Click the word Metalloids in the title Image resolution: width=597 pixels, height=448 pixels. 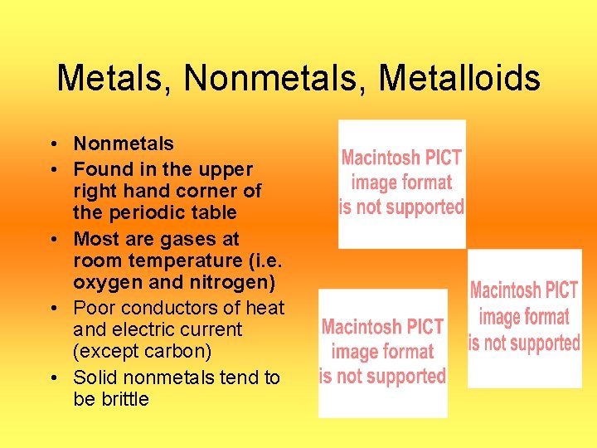tap(459, 80)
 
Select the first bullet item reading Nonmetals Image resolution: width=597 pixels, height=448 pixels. tap(124, 144)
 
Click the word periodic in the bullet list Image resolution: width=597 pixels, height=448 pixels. tap(138, 212)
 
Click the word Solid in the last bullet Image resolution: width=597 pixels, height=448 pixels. tap(95, 377)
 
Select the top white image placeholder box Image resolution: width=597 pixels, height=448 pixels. tap(402, 183)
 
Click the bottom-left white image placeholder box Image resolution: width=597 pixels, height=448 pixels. tap(382, 353)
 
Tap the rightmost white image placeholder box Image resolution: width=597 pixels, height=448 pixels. tap(524, 319)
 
